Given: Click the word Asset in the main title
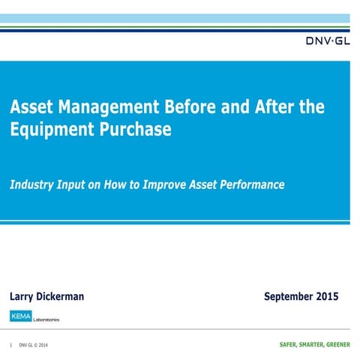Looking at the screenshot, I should pos(30,106).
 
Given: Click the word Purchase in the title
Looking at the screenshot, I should pos(136,129).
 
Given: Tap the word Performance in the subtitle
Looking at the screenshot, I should pos(249,184).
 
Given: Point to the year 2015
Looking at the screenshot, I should pos(327,296).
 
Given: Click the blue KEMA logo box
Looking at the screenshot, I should pos(20,316).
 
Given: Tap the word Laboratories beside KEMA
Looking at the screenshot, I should pos(45,319).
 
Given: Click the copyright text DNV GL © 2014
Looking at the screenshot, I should pos(34,346).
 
